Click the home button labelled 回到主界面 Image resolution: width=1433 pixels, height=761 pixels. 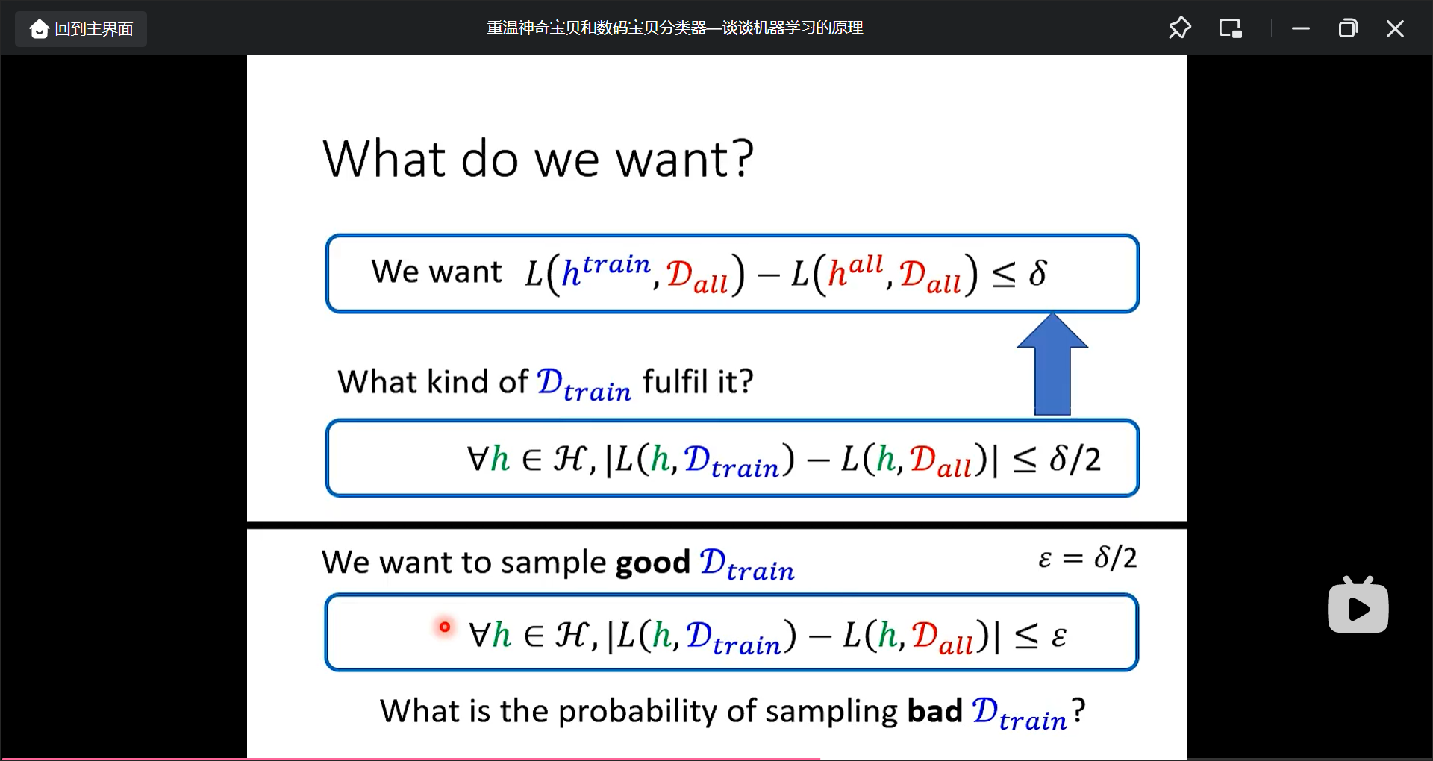(81, 29)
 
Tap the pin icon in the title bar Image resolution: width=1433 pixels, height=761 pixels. (1179, 28)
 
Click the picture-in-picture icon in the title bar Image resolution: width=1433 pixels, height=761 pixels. (1230, 28)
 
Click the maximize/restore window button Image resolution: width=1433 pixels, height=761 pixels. (1348, 28)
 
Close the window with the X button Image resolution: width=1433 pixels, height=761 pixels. (1395, 28)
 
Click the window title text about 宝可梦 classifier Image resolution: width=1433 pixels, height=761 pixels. (675, 28)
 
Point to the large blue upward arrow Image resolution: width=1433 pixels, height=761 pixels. (1052, 364)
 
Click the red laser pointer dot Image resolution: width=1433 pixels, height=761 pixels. (445, 627)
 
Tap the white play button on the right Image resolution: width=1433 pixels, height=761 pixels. (1358, 606)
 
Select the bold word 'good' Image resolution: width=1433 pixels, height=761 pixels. (652, 563)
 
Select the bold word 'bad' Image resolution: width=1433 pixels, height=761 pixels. (934, 710)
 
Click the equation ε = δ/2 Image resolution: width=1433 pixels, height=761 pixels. (1087, 557)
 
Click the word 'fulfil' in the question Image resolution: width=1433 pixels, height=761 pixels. (675, 381)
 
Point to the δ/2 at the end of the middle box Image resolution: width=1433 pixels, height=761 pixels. (1075, 459)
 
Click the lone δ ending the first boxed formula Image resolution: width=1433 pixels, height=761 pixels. (1037, 274)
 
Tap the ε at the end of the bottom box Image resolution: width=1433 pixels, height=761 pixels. (1058, 636)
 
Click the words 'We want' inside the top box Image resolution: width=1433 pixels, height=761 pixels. (437, 272)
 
